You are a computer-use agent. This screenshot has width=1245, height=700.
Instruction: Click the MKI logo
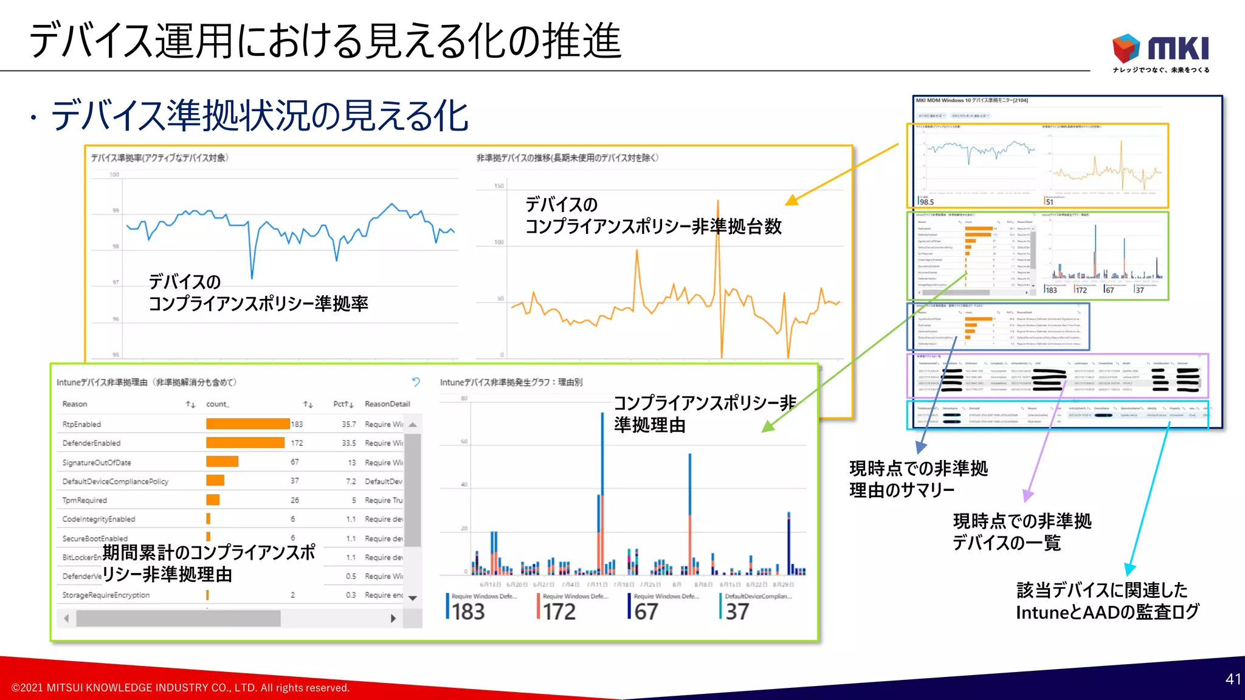(1160, 51)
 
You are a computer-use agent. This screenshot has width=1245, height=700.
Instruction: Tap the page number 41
(1233, 679)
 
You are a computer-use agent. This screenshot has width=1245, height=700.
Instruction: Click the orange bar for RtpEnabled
(247, 424)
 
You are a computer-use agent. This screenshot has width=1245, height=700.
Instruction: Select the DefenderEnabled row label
(91, 443)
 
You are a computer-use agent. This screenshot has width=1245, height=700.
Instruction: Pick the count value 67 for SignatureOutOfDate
(294, 462)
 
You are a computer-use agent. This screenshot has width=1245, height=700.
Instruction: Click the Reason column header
(75, 404)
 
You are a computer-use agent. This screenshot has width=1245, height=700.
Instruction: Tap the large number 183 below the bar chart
(467, 611)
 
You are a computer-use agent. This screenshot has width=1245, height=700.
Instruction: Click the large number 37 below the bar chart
(737, 611)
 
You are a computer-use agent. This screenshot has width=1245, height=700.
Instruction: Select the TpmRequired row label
(84, 500)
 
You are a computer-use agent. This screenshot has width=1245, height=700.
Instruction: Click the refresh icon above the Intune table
(416, 382)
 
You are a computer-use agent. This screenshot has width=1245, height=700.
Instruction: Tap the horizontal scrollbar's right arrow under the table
(393, 619)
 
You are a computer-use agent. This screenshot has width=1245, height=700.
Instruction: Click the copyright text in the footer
(181, 688)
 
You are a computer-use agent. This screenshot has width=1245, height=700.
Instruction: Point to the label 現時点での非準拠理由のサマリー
(918, 479)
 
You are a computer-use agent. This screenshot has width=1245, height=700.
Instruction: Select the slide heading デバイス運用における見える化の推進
(326, 41)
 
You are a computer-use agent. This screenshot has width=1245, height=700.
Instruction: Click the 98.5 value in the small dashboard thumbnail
(926, 202)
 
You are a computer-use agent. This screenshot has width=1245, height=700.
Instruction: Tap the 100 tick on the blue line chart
(114, 174)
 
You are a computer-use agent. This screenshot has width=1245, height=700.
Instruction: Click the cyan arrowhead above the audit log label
(1129, 569)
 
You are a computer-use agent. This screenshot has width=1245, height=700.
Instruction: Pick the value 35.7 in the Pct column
(348, 424)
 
